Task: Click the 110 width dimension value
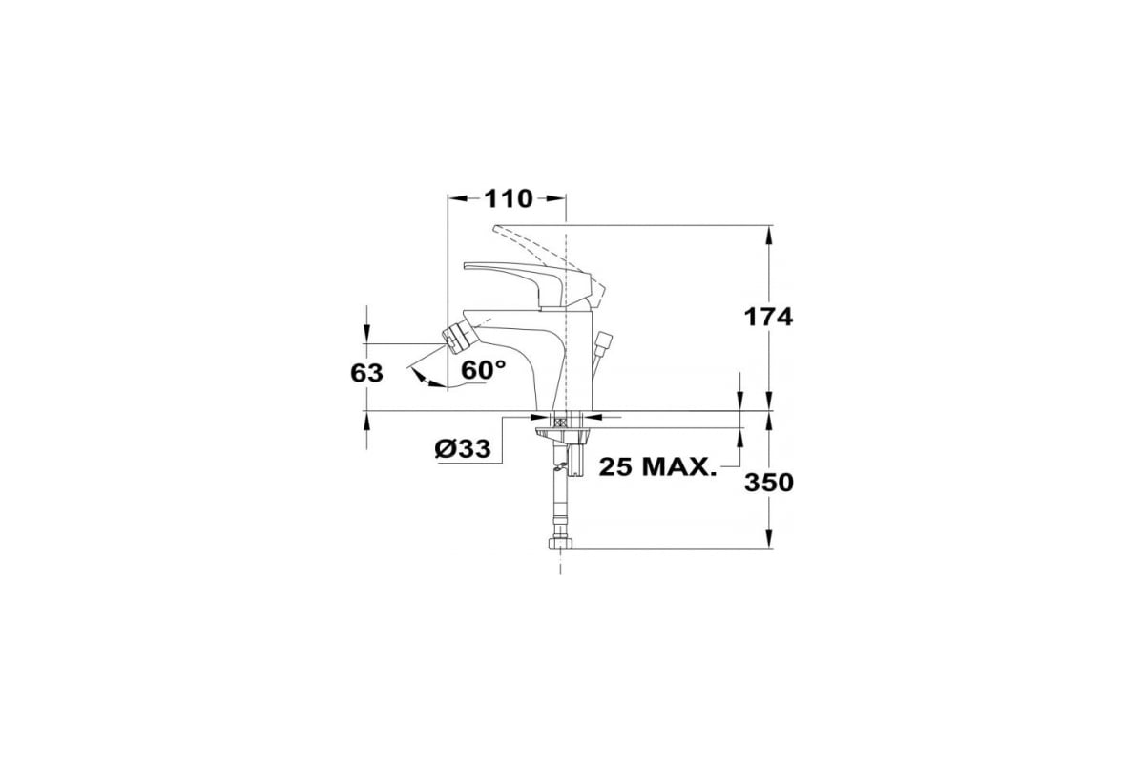click(x=508, y=198)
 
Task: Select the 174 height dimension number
click(x=768, y=317)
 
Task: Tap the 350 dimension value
click(x=769, y=483)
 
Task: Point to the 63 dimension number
click(x=366, y=373)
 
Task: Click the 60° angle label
click(x=483, y=370)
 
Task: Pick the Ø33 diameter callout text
click(x=463, y=448)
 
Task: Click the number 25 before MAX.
click(x=614, y=466)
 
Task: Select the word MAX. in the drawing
click(x=677, y=466)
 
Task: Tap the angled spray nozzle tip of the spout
click(x=452, y=340)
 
